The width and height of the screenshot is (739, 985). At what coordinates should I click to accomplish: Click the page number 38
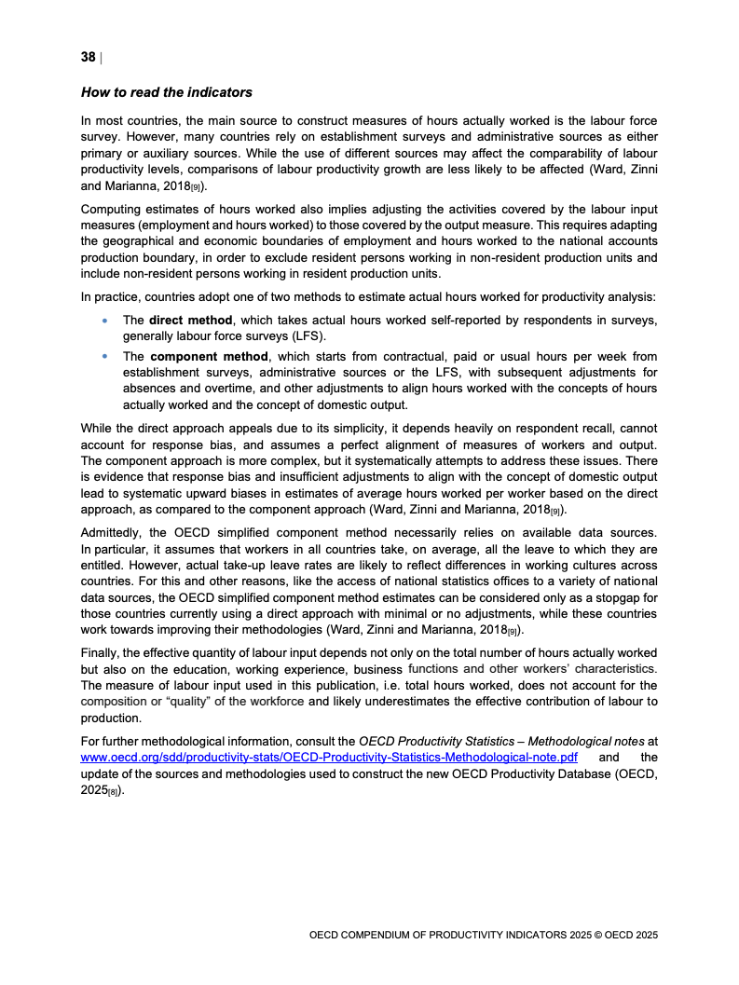[x=89, y=58]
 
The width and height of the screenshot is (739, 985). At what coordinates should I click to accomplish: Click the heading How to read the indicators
[x=166, y=93]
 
